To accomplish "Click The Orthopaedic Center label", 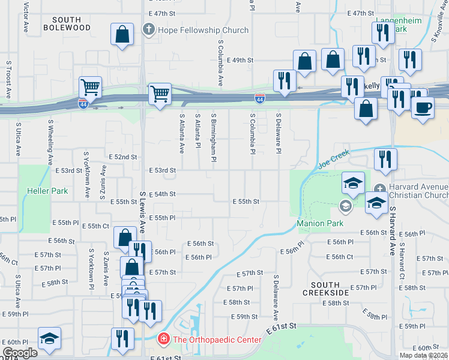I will click(217, 340).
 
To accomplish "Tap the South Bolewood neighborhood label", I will click(67, 23).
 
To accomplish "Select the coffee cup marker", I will click(423, 107).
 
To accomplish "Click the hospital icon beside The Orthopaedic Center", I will click(163, 340).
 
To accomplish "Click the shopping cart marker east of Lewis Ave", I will click(160, 93).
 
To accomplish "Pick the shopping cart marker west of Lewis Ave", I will click(90, 87).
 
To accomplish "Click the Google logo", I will click(20, 353).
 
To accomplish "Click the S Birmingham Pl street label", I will click(213, 138).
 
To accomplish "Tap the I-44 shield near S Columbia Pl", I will click(260, 97).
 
